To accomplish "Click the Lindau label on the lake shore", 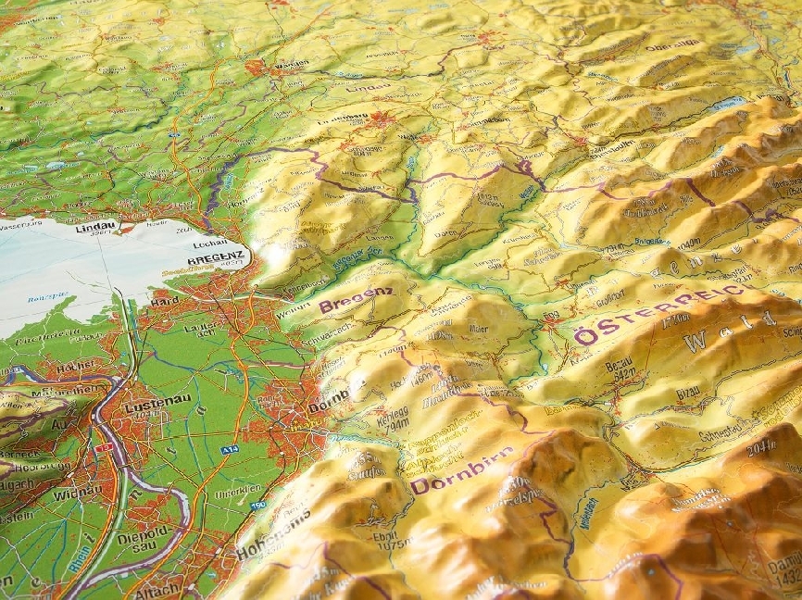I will pyautogui.click(x=96, y=227).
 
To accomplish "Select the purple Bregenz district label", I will pyautogui.click(x=356, y=299).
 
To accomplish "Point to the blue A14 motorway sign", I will pyautogui.click(x=229, y=449).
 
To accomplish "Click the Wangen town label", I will pyautogui.click(x=291, y=64).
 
